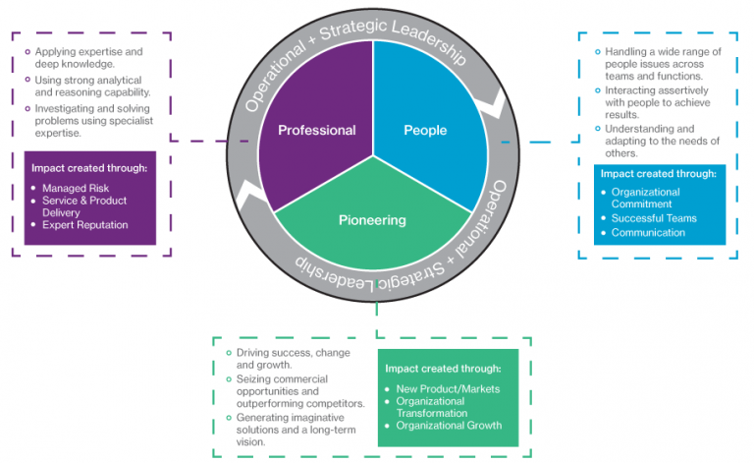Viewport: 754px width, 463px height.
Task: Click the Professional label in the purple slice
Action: [x=316, y=130]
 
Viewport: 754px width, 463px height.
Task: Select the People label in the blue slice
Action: [x=425, y=130]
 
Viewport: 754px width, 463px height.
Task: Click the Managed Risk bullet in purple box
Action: [x=75, y=187]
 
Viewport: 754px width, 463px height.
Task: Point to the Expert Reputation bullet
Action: [x=85, y=225]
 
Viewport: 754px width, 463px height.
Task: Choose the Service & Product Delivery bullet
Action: [x=84, y=205]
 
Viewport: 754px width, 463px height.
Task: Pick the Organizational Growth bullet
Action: [x=449, y=426]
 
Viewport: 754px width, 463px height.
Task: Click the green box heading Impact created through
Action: [x=443, y=369]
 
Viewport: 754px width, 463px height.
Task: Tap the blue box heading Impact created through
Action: [x=658, y=173]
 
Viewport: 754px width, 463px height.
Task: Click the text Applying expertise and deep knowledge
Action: [x=87, y=57]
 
